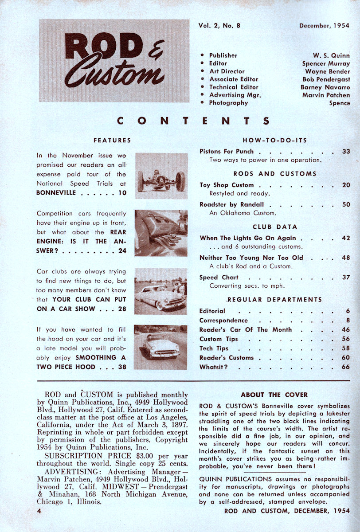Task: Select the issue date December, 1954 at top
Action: click(324, 26)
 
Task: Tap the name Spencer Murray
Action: click(326, 63)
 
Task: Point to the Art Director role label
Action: click(227, 71)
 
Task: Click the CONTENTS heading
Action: click(193, 121)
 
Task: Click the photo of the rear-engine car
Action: click(161, 233)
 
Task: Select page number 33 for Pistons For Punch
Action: click(346, 152)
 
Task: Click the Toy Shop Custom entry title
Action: click(227, 185)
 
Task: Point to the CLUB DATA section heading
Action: click(275, 227)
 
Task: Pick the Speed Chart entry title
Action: click(219, 278)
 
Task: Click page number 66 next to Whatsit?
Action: click(346, 367)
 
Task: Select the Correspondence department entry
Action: click(223, 321)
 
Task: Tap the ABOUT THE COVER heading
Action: click(274, 395)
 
